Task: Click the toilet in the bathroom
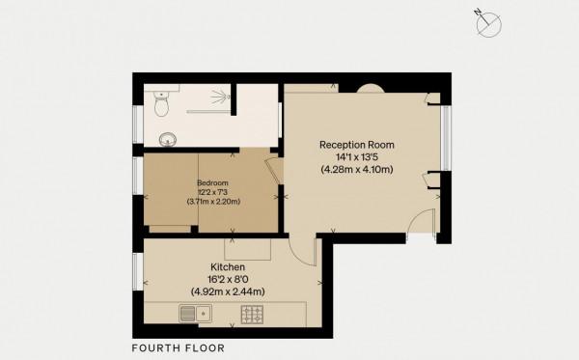pyautogui.click(x=161, y=103)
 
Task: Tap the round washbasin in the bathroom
pyautogui.click(x=168, y=140)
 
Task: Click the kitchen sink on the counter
pyautogui.click(x=195, y=314)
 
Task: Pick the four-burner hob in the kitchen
pyautogui.click(x=252, y=315)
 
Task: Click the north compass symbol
pyautogui.click(x=487, y=23)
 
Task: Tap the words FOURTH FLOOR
pyautogui.click(x=179, y=347)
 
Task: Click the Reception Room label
pyautogui.click(x=357, y=145)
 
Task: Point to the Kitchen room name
pyautogui.click(x=228, y=266)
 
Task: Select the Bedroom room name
pyautogui.click(x=212, y=182)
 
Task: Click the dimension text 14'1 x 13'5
pyautogui.click(x=357, y=157)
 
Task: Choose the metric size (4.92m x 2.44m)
pyautogui.click(x=228, y=291)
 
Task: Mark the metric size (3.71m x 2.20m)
pyautogui.click(x=213, y=202)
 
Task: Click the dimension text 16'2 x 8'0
pyautogui.click(x=228, y=279)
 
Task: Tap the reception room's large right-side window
pyautogui.click(x=446, y=138)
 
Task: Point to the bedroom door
pyautogui.click(x=275, y=171)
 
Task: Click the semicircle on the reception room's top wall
pyautogui.click(x=371, y=89)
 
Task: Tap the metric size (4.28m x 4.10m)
pyautogui.click(x=357, y=170)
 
